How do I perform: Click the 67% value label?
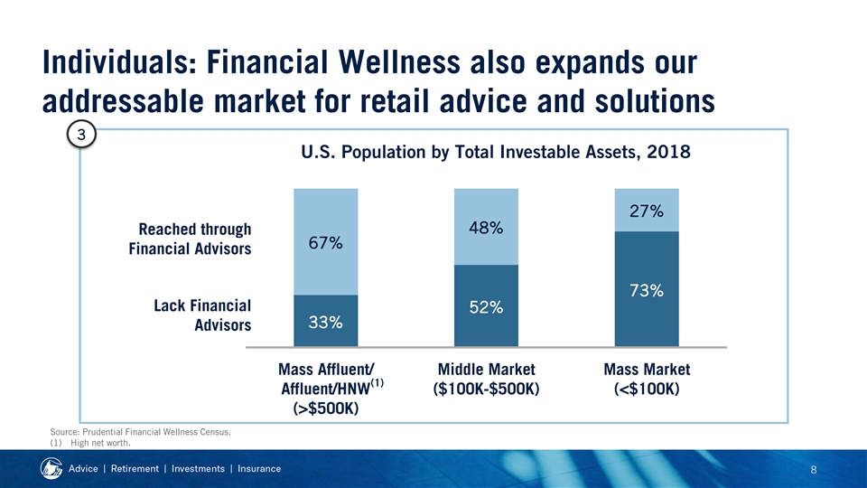[326, 243]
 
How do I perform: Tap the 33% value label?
[326, 322]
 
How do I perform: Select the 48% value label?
[486, 228]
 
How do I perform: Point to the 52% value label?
[486, 307]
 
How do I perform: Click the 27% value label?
[647, 211]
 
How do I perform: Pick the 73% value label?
[647, 290]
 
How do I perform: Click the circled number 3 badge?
[81, 135]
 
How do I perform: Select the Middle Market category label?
[486, 379]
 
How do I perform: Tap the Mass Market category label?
[647, 379]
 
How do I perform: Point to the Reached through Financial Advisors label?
[190, 239]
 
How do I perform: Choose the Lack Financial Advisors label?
[202, 314]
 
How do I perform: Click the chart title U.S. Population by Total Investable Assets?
[496, 152]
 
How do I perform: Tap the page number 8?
[814, 470]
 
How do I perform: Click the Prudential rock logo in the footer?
[51, 469]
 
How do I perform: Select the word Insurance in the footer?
[259, 469]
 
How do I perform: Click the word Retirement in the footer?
[135, 469]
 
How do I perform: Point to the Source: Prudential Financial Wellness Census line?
[140, 432]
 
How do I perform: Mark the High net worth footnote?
[90, 443]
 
